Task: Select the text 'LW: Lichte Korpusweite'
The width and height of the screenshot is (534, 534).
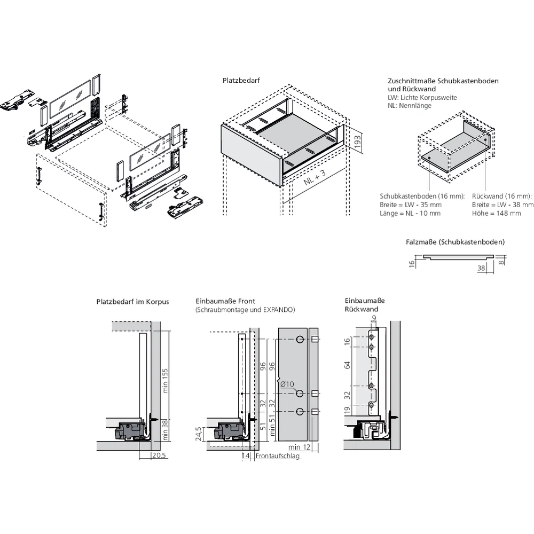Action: tap(422, 98)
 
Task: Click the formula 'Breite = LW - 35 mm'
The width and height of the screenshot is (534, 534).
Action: tap(410, 205)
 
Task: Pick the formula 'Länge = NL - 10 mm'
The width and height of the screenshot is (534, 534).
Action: tap(410, 213)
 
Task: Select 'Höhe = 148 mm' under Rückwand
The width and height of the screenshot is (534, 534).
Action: tap(496, 213)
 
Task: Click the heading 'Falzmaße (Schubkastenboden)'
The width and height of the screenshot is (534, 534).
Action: tap(455, 242)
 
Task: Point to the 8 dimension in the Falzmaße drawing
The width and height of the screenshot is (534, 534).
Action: tap(502, 262)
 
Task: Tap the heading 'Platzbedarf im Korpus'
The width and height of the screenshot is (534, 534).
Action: tap(132, 302)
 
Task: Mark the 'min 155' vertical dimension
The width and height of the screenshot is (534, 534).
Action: tap(166, 380)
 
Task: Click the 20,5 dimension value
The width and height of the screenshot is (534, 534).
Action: tap(159, 456)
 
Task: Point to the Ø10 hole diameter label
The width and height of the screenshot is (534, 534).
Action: tap(287, 383)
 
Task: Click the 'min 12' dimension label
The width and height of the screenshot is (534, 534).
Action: tap(299, 446)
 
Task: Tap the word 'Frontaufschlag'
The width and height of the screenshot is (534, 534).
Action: tap(278, 456)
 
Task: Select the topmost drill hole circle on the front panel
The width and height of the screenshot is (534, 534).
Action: tap(300, 339)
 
